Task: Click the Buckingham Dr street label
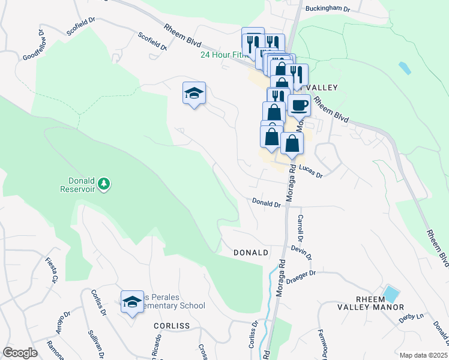[x=328, y=8]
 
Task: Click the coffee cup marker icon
[x=299, y=106]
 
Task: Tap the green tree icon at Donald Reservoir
[x=104, y=183]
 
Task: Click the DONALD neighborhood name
[x=250, y=253]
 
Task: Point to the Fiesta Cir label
[x=52, y=270]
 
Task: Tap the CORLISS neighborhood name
[x=172, y=326]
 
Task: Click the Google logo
[x=20, y=353]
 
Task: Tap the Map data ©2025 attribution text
[x=423, y=355]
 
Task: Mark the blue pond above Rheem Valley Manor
[x=391, y=295]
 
